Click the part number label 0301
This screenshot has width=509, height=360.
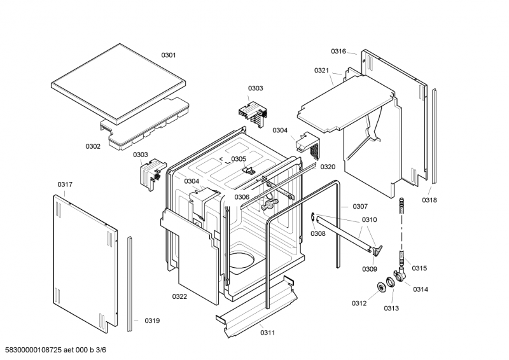[168, 55]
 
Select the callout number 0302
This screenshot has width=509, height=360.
[93, 146]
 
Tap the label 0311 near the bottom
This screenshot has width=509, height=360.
[268, 332]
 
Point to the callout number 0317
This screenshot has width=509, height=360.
[65, 184]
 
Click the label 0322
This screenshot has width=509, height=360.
[179, 296]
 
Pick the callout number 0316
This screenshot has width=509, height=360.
[338, 51]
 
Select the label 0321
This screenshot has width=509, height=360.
[322, 71]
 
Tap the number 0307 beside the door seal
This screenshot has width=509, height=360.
[360, 206]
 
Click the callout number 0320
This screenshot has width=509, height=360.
[328, 167]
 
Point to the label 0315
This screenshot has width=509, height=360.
[419, 268]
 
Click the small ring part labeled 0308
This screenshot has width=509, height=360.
[314, 219]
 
